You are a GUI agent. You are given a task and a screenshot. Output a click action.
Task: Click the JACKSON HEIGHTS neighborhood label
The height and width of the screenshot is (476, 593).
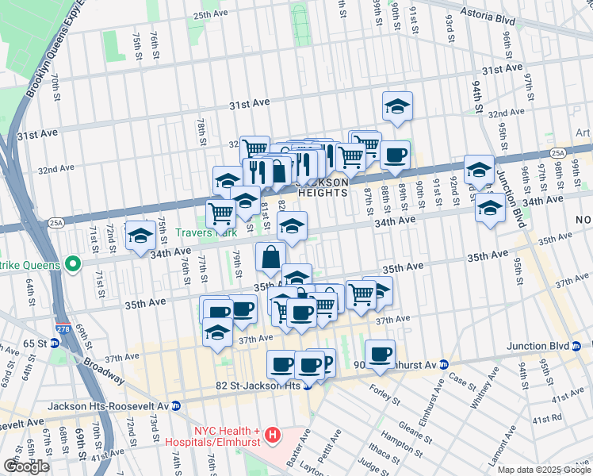tap(323, 187)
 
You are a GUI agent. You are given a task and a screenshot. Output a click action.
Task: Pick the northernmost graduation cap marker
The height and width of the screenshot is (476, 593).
tap(397, 106)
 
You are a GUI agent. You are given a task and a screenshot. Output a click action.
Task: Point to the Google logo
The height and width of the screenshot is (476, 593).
tap(26, 466)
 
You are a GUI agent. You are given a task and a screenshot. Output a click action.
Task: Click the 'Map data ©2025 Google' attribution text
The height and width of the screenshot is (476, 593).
tap(543, 470)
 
